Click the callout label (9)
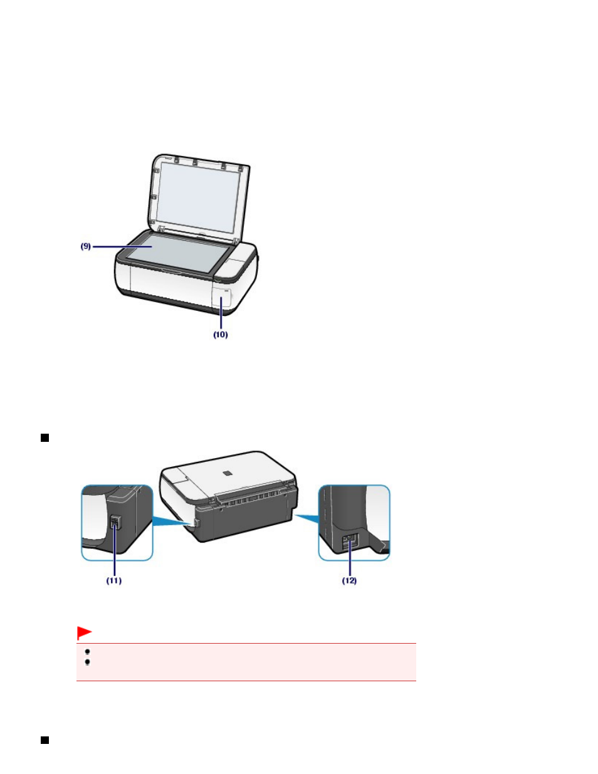[x=85, y=246]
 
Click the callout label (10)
[x=221, y=335]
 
